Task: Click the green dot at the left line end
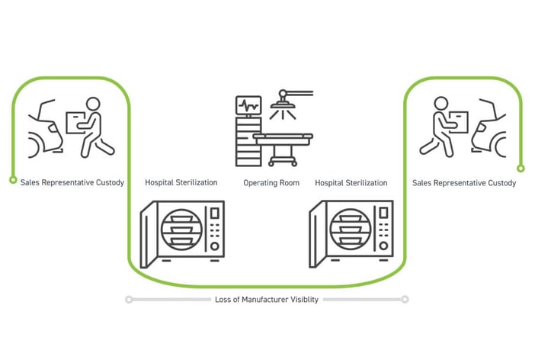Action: pyautogui.click(x=13, y=180)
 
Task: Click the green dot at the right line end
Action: pyautogui.click(x=520, y=169)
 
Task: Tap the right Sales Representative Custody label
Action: pyautogui.click(x=463, y=183)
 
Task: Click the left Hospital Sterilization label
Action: pyautogui.click(x=181, y=183)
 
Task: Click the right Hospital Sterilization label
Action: pyautogui.click(x=351, y=183)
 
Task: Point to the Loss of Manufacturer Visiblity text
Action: pyautogui.click(x=266, y=300)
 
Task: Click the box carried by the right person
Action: pyautogui.click(x=458, y=121)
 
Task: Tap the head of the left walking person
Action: pyautogui.click(x=93, y=104)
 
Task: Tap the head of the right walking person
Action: pyautogui.click(x=440, y=104)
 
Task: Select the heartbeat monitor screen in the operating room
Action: pyautogui.click(x=248, y=105)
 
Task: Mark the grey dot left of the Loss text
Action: pyautogui.click(x=129, y=300)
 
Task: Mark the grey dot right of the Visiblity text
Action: pyautogui.click(x=405, y=300)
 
